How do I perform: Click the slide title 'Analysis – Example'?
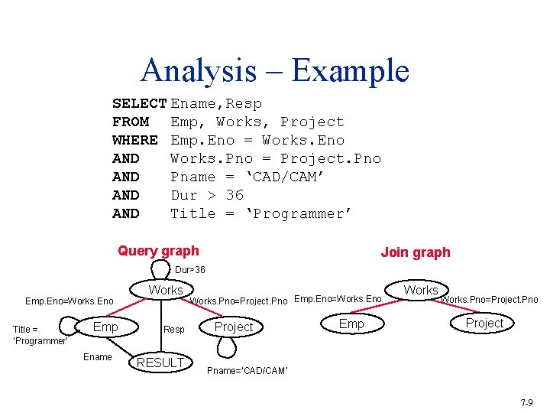275,70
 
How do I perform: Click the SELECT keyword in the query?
139,103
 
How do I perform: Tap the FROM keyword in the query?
131,122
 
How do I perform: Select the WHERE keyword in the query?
134,140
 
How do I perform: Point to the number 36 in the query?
235,195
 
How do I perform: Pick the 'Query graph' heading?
158,251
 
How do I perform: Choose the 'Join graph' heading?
416,252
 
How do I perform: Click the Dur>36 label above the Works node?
190,270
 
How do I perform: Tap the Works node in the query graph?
167,291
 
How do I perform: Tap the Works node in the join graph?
421,291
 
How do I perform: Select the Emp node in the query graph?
105,327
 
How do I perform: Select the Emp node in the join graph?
351,324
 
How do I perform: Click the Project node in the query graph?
233,327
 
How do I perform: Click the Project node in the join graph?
484,324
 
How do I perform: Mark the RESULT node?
160,363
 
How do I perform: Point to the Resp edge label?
174,330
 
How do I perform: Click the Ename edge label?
98,357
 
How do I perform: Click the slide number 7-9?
527,402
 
